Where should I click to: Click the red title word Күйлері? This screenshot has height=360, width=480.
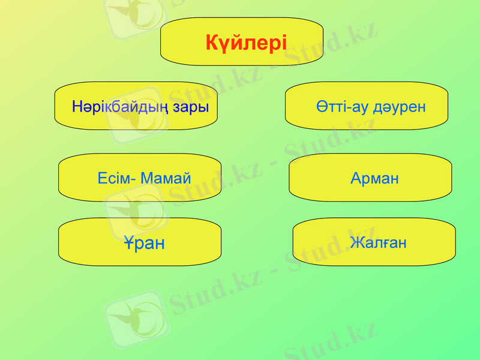(246, 43)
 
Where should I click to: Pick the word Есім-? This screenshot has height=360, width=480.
(116, 178)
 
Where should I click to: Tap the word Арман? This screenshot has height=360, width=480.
(374, 178)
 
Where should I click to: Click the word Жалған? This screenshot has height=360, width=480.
(378, 242)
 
